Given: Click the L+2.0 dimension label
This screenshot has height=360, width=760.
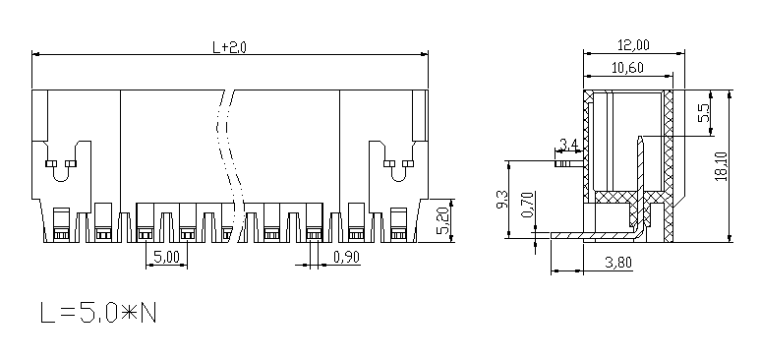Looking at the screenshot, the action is [x=230, y=47].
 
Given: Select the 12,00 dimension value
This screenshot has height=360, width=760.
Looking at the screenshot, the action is [x=633, y=44].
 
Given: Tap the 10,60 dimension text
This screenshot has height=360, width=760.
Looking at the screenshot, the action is [x=627, y=68].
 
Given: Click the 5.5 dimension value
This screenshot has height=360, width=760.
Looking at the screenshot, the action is [x=704, y=113].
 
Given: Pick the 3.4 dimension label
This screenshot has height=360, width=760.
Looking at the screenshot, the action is [x=569, y=144].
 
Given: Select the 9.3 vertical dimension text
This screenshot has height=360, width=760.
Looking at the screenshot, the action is [x=501, y=199].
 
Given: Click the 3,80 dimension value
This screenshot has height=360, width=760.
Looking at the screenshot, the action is [x=618, y=263].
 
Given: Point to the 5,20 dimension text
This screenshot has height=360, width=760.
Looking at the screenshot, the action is [x=443, y=220].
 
